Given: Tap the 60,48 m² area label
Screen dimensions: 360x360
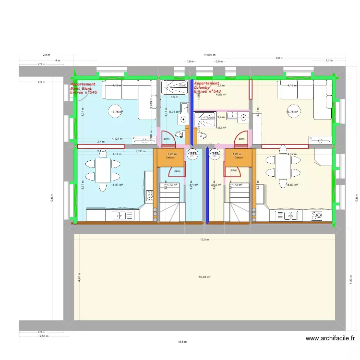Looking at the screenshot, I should click(204, 277).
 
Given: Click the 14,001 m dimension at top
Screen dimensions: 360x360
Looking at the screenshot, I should click(209, 55).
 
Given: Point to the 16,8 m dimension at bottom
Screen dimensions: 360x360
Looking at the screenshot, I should click(182, 342).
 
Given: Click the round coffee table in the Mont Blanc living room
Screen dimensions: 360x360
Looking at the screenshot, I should click(115, 111).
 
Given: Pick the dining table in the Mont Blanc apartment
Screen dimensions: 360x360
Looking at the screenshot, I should click(102, 170).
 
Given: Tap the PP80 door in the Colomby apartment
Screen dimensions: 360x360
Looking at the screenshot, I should click(234, 171).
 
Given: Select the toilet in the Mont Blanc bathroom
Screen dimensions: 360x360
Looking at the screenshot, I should click(180, 134).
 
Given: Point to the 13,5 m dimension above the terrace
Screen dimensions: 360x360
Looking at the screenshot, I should click(204, 240).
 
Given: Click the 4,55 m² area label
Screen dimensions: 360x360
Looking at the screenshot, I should click(221, 95).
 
